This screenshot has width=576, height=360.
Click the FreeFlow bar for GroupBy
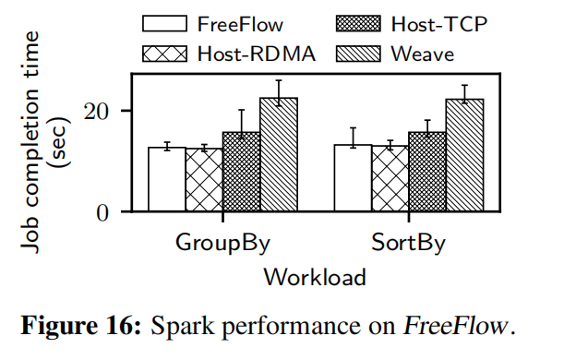tap(167, 179)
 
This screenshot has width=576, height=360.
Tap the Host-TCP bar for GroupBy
tap(241, 173)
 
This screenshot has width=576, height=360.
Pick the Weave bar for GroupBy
tap(278, 155)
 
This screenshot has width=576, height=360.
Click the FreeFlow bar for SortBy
tap(353, 178)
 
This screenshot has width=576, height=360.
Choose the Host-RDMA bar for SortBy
tap(390, 179)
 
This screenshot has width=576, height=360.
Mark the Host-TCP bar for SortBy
tap(426, 173)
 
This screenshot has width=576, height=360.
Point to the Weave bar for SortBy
tap(464, 155)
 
